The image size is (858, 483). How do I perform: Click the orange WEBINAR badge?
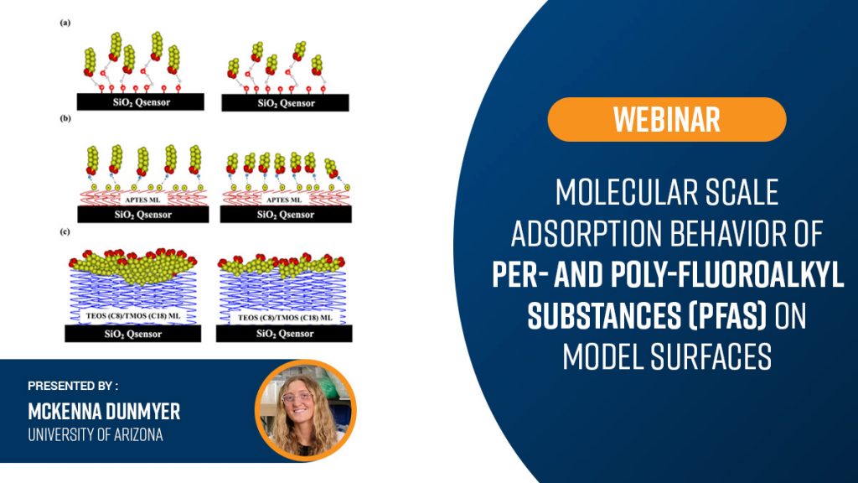point(666,119)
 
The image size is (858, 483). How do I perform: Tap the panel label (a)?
point(65,23)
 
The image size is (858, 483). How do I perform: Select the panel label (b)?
point(65,118)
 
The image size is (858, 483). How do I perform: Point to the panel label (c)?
point(65,231)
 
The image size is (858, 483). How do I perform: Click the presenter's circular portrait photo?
point(305,410)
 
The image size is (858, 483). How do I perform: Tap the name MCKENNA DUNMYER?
point(104,411)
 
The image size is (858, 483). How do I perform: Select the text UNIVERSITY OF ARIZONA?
point(96,435)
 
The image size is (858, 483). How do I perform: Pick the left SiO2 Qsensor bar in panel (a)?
point(141,101)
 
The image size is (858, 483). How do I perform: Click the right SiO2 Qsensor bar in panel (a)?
point(285,102)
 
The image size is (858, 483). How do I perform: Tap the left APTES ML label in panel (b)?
point(142,200)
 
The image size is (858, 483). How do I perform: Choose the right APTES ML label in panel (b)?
point(284,200)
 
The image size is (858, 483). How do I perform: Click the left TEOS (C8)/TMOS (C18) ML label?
point(133,316)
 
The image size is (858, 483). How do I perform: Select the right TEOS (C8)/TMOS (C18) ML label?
point(285,317)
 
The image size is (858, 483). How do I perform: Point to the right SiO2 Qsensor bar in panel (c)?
point(284,333)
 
